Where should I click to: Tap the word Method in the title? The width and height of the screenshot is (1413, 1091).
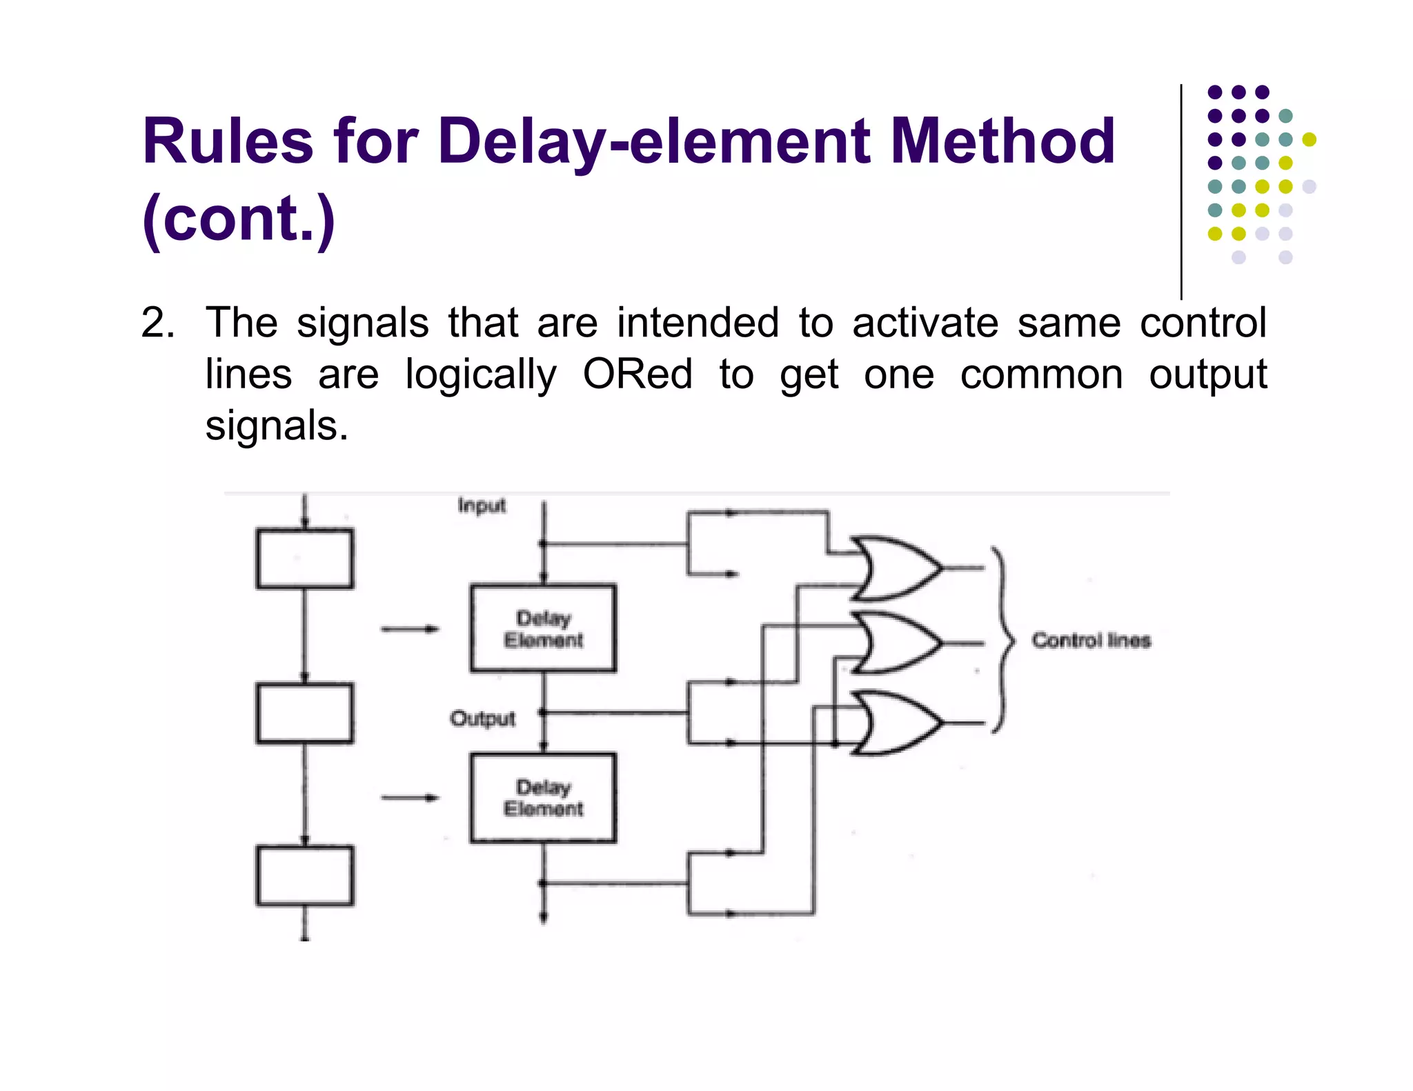coord(1002,141)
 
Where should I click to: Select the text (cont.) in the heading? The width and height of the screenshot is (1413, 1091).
coord(238,219)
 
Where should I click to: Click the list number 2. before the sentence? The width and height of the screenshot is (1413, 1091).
coord(157,323)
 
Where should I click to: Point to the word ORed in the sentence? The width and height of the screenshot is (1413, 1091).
coord(637,374)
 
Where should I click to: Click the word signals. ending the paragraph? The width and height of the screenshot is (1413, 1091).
coord(277,426)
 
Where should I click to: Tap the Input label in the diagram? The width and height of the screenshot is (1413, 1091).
coord(482,506)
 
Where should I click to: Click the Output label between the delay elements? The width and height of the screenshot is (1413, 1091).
coord(482,719)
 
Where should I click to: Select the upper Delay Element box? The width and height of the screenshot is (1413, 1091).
coord(543,628)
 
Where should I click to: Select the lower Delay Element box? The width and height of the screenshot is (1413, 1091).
coord(543,797)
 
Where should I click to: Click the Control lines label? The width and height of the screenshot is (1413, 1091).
coord(1091,641)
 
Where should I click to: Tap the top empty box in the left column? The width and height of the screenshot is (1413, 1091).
coord(304,559)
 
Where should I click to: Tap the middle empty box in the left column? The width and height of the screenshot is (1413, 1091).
coord(304,713)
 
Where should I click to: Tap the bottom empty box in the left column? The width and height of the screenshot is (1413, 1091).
coord(304,876)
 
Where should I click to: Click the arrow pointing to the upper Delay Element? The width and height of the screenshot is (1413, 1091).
coord(410,629)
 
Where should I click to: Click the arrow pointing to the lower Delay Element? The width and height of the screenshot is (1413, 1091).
coord(410,798)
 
